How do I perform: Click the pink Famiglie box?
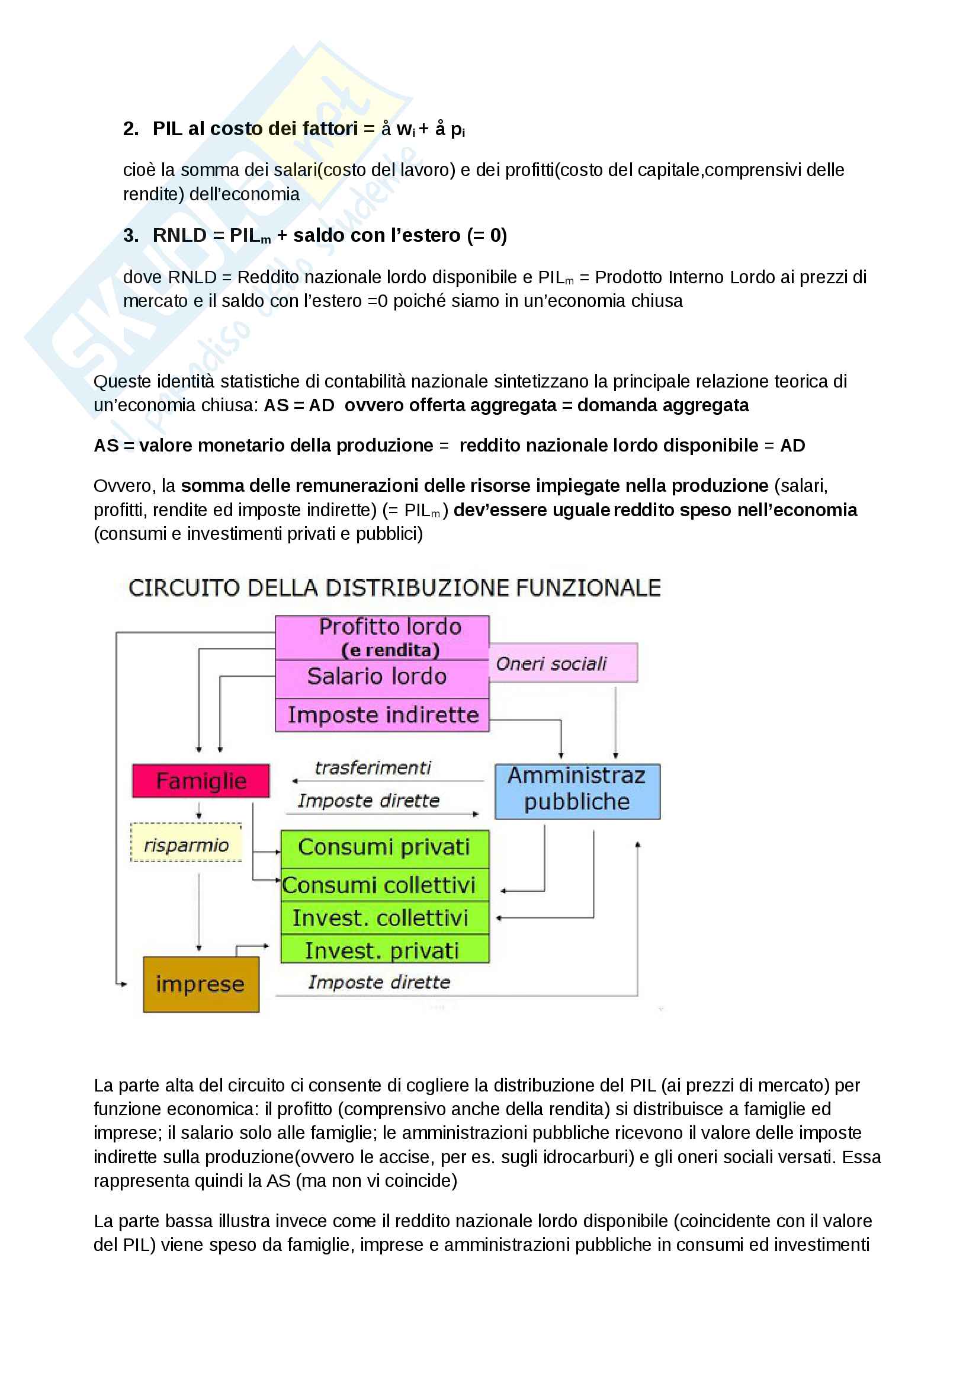[201, 780]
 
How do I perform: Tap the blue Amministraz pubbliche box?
[577, 791]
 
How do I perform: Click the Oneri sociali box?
[562, 663]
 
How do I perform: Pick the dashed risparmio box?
[187, 843]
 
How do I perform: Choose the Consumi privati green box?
[384, 847]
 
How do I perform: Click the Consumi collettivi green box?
[384, 885]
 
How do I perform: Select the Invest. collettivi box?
[384, 918]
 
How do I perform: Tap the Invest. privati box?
[384, 950]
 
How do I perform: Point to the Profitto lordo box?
[383, 637]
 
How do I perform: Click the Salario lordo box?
[383, 677]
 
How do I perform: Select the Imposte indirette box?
[383, 715]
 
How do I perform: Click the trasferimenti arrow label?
[373, 768]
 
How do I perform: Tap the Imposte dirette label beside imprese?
[379, 982]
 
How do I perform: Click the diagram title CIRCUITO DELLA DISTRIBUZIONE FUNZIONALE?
[394, 587]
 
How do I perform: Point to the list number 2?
[130, 129]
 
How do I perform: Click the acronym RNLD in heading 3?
[179, 235]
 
